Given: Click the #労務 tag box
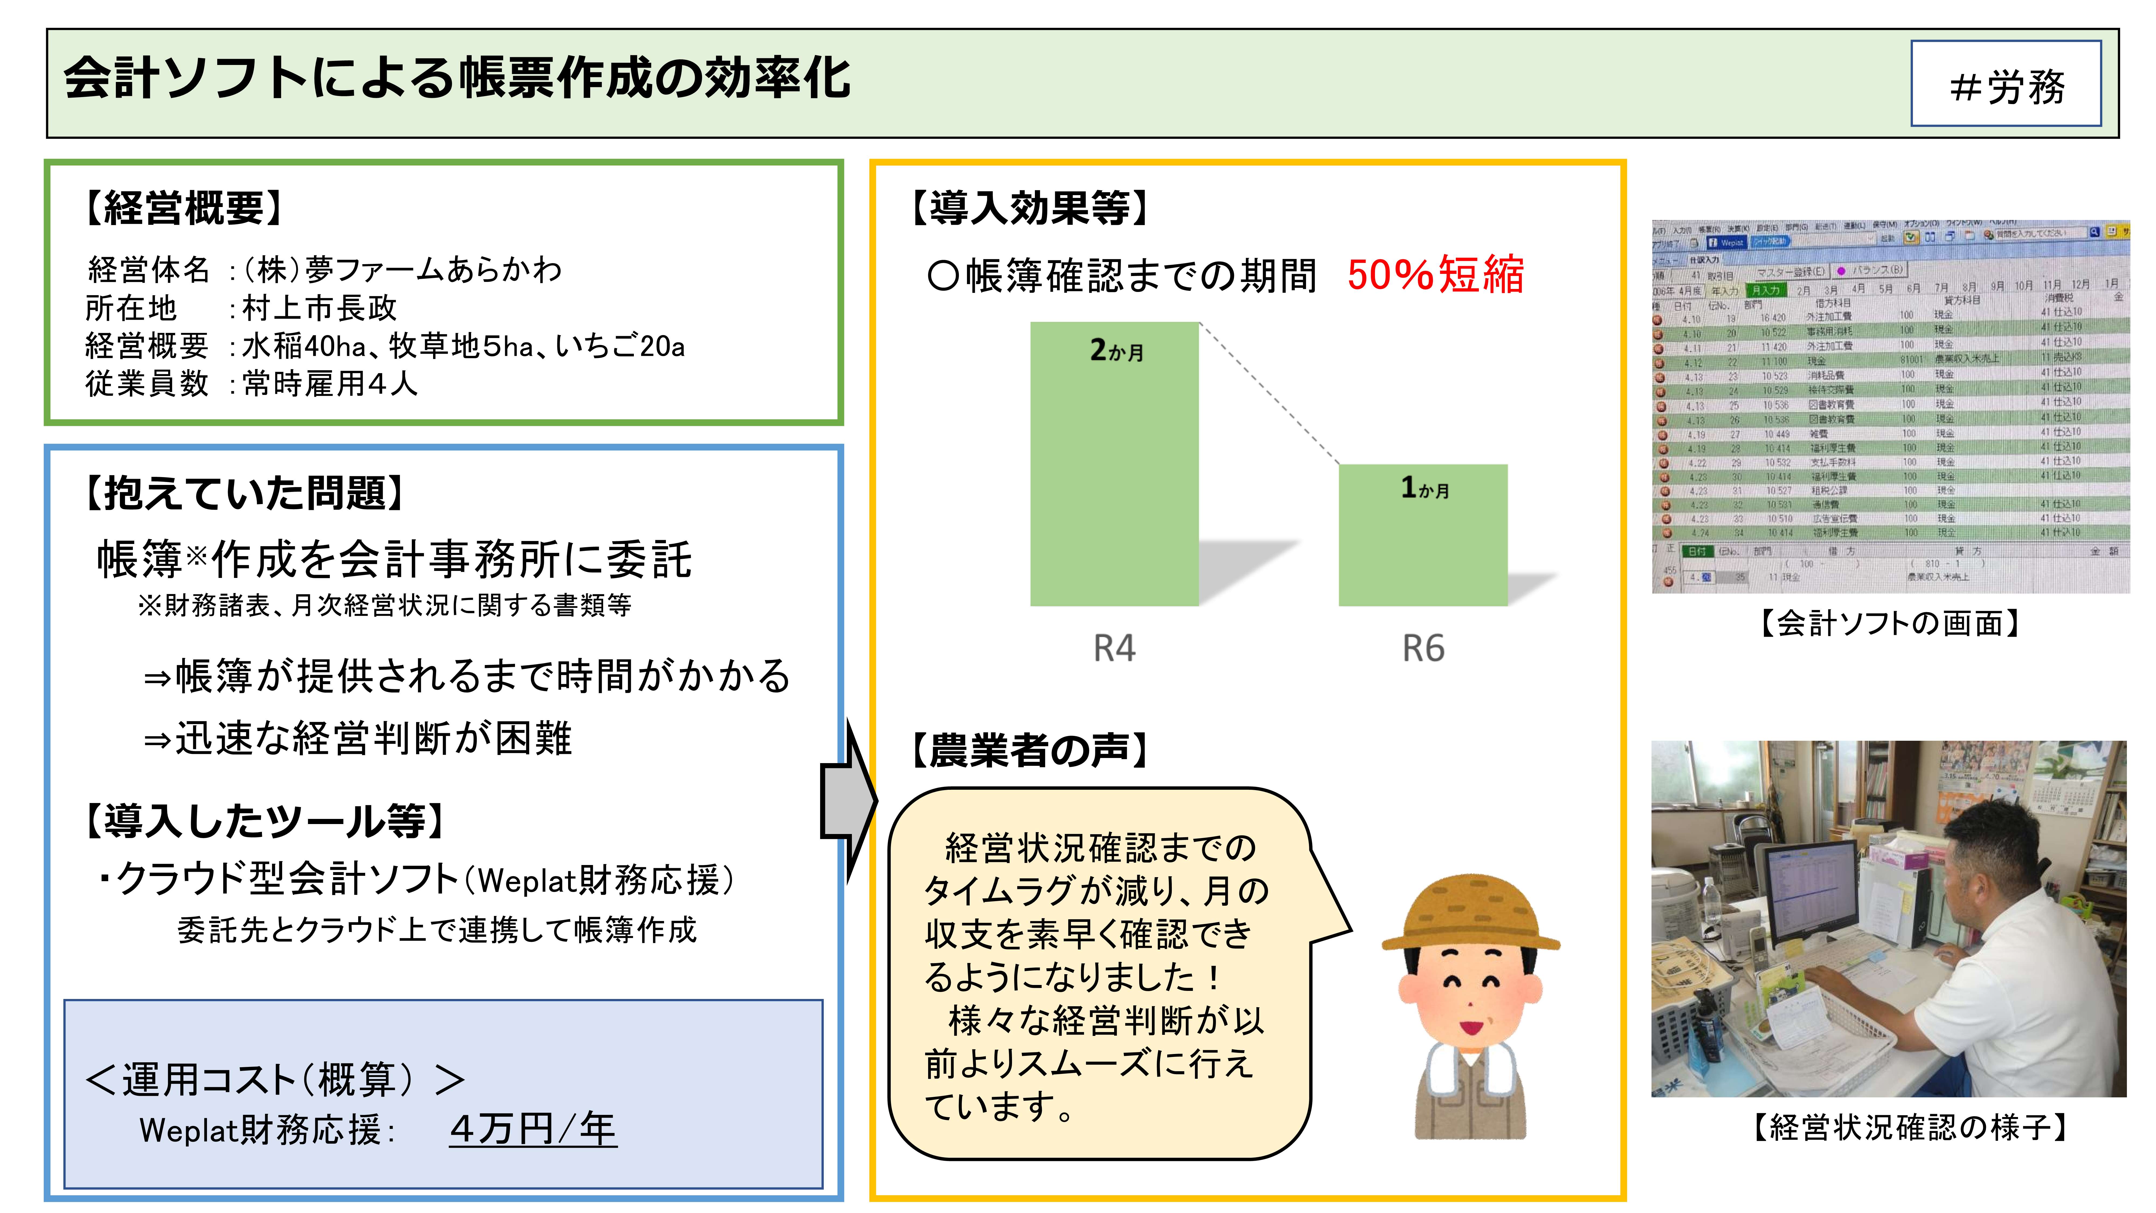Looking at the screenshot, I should pyautogui.click(x=2005, y=84).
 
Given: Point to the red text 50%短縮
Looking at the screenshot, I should pyautogui.click(x=1435, y=275).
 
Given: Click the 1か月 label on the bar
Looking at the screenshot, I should pyautogui.click(x=1425, y=488).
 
